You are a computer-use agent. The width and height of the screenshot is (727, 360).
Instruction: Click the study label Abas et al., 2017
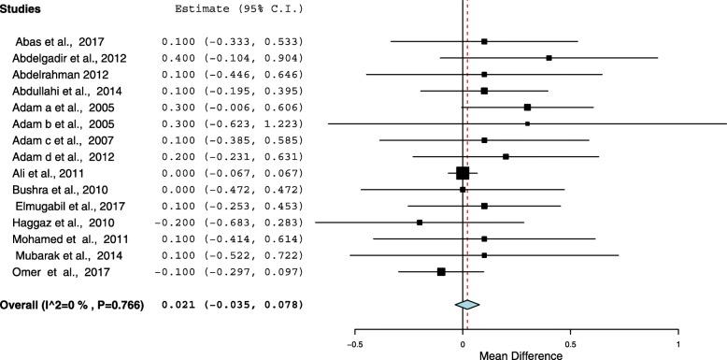point(57,42)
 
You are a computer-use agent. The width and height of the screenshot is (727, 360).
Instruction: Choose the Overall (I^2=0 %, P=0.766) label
point(73,304)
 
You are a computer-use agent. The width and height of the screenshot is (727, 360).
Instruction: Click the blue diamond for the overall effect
point(467,304)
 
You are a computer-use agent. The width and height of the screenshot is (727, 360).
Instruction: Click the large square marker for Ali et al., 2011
point(463,173)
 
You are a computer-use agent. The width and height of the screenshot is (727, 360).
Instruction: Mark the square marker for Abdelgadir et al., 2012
point(549,58)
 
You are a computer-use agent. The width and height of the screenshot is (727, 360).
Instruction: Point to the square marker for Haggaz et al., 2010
point(420,223)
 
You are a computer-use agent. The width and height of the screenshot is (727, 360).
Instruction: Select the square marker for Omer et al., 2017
point(441,271)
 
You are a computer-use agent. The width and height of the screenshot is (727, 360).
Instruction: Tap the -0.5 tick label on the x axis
point(355,343)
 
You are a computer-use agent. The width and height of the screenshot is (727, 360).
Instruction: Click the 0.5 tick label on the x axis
point(570,343)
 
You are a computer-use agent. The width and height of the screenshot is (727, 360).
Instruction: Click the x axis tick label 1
point(677,343)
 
